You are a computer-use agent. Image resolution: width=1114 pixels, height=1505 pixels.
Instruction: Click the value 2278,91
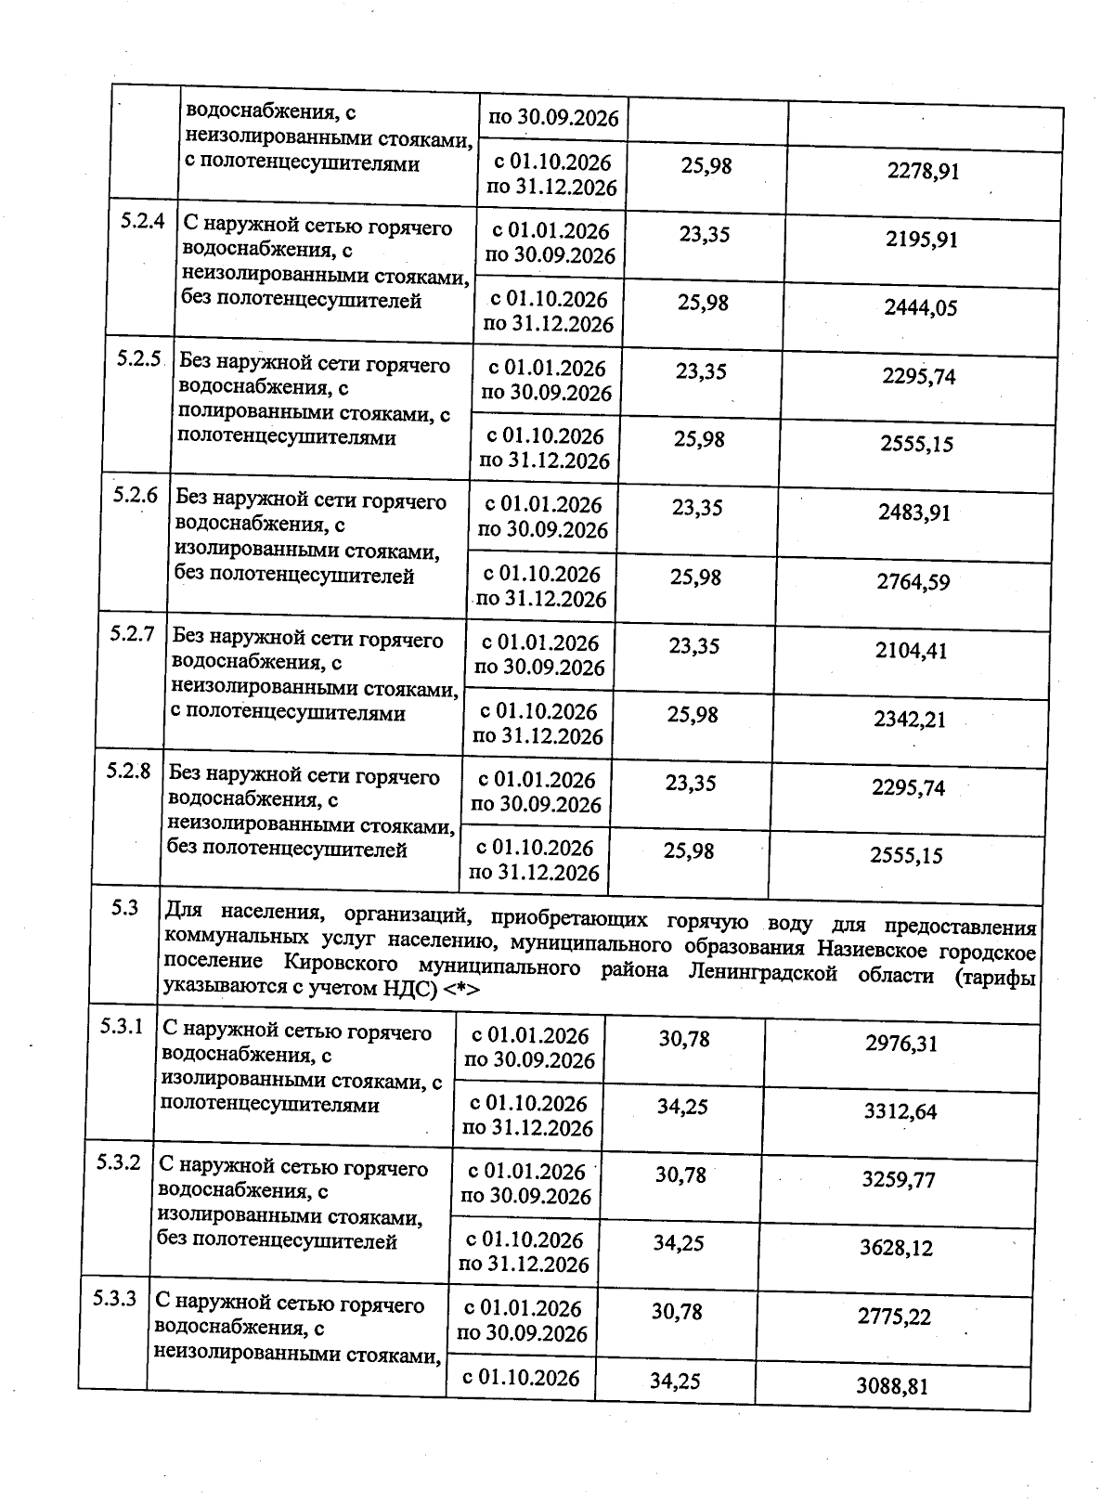(x=923, y=172)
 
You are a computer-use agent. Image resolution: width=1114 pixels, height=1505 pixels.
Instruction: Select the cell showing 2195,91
(x=921, y=240)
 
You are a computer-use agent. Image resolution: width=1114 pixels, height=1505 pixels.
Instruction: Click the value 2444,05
(x=919, y=308)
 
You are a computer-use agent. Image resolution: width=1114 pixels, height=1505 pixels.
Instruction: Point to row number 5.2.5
(x=139, y=359)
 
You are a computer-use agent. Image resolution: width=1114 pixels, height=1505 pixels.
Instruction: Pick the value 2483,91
(x=914, y=512)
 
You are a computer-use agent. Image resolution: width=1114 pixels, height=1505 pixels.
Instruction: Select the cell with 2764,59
(x=913, y=583)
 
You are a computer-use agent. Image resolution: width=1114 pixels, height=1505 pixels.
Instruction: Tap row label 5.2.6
(x=136, y=495)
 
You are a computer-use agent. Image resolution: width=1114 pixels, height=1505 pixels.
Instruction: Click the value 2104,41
(x=911, y=651)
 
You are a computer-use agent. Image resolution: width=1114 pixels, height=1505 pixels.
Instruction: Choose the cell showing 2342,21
(x=910, y=720)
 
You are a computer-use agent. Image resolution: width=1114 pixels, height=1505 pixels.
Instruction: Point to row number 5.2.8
(x=128, y=771)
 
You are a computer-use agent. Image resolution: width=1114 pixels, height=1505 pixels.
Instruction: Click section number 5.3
(x=124, y=908)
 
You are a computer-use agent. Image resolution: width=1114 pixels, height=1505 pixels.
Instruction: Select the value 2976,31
(x=901, y=1044)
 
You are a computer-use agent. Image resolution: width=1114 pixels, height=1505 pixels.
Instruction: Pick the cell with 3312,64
(x=900, y=1112)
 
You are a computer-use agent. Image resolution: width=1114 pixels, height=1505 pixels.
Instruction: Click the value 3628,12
(x=896, y=1249)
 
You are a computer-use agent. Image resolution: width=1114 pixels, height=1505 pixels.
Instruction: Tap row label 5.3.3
(x=116, y=1299)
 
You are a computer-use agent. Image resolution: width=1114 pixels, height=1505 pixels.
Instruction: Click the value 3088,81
(x=892, y=1388)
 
